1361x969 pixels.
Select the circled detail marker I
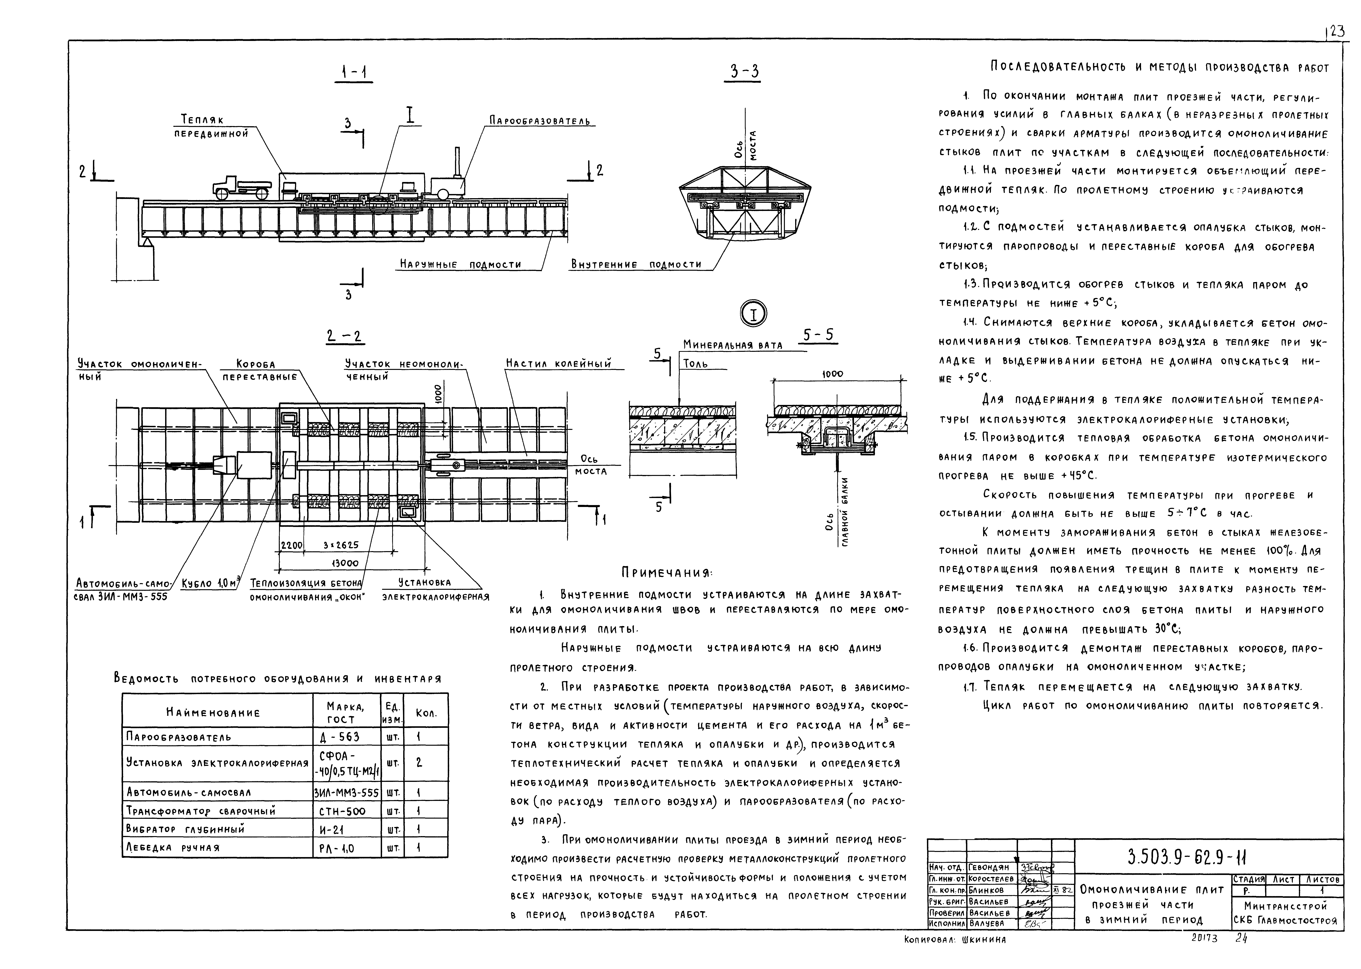753,314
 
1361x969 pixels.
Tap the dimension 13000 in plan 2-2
344,563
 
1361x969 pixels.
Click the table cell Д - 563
340,737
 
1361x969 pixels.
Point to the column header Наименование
213,712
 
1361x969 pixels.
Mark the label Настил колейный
559,363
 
